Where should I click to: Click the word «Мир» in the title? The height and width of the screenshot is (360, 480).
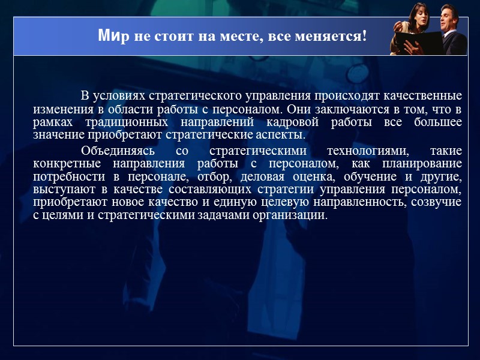pos(110,36)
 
